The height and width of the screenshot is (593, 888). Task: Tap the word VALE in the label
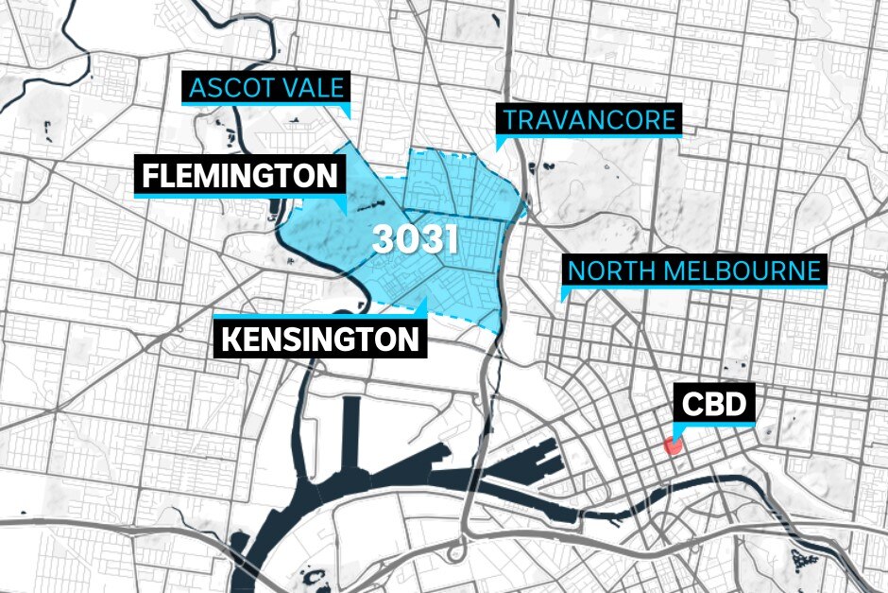click(x=310, y=90)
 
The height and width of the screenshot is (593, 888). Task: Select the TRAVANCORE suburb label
click(x=589, y=120)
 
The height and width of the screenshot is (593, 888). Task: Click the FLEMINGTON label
click(x=239, y=176)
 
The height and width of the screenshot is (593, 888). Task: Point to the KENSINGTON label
click(x=319, y=339)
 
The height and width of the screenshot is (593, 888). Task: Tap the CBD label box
click(x=713, y=407)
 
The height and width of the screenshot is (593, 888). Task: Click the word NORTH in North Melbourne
click(x=605, y=271)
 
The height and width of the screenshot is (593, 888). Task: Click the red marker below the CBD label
click(x=675, y=445)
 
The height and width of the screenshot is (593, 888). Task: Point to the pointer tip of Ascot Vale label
click(x=349, y=117)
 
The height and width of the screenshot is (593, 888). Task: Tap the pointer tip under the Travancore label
click(x=498, y=149)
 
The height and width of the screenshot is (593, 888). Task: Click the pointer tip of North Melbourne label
click(x=563, y=301)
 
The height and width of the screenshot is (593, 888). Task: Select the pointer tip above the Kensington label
click(x=426, y=300)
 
